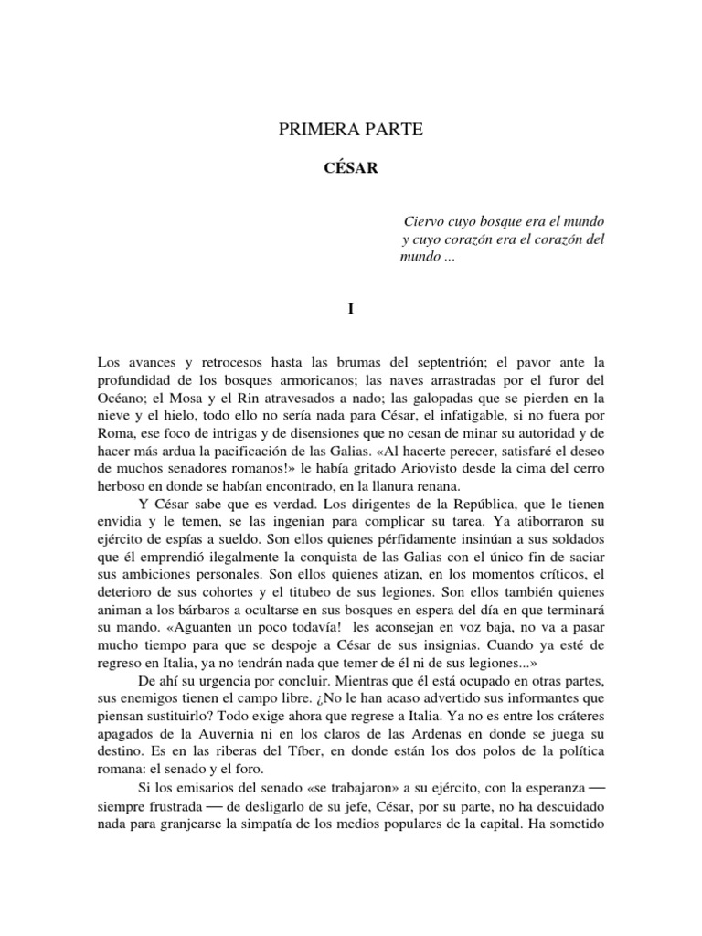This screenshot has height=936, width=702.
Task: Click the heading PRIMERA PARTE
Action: click(x=351, y=131)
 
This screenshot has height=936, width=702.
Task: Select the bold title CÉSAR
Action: click(x=351, y=169)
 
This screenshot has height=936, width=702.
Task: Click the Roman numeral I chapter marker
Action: click(x=350, y=310)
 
